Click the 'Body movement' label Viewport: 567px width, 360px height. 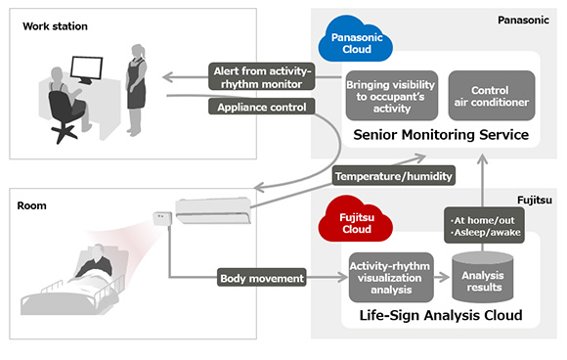coord(260,279)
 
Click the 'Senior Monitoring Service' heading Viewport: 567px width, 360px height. coord(440,134)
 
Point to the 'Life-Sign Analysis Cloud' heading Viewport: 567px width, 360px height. coord(441,316)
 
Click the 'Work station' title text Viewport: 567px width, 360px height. coord(50,24)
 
